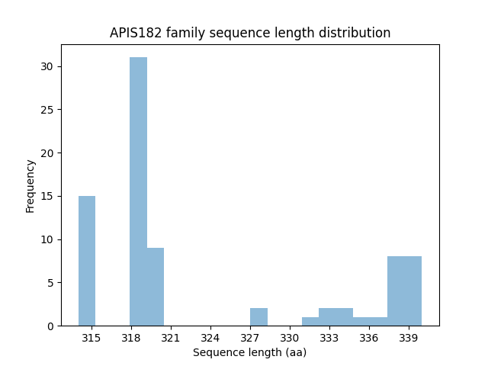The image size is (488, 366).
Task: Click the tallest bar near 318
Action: coord(138,191)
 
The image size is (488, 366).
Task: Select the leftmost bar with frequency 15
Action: coord(87,261)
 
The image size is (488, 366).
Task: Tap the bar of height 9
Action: coord(156,287)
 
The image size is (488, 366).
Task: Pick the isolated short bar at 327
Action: coord(258,317)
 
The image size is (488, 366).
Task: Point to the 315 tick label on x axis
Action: coord(91,337)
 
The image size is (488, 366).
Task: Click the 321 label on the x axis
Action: coord(170,337)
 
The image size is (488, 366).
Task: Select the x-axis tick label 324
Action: coord(210,337)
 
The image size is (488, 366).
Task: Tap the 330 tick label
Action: coord(289,337)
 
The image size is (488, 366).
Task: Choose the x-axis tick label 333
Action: coord(329,337)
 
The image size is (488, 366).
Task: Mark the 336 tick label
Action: coord(368,337)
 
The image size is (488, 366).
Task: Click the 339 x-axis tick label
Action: coord(408,337)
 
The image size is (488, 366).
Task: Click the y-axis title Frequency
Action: coord(30,185)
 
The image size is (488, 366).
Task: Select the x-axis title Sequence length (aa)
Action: coord(249,352)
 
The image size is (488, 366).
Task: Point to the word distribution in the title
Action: coord(357,34)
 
